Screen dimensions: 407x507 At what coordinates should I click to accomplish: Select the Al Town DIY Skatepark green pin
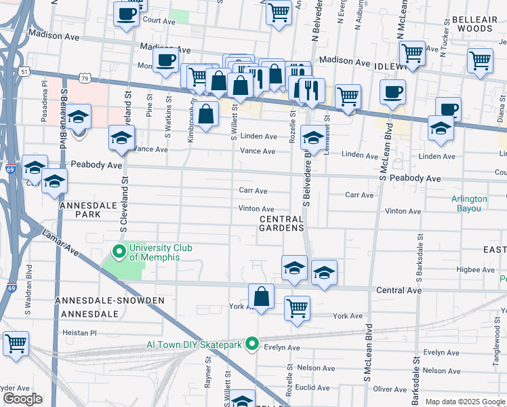pos(252,344)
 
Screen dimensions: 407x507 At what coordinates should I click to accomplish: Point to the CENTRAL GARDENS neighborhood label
pos(282,223)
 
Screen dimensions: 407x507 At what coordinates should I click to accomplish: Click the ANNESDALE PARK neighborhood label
pos(89,209)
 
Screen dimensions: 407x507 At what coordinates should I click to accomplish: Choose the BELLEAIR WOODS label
pos(474,24)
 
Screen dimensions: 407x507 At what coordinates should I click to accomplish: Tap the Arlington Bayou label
pos(469,203)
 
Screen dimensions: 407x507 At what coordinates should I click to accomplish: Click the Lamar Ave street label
pos(61,244)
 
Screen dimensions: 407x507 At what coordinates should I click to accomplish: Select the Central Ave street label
pos(399,290)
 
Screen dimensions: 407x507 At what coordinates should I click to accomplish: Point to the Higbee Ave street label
pos(477,269)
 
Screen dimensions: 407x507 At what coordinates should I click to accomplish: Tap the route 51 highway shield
pos(24,71)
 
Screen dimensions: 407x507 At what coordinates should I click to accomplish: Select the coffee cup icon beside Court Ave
pos(126,14)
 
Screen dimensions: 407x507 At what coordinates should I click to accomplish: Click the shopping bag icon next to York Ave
pos(262,296)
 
